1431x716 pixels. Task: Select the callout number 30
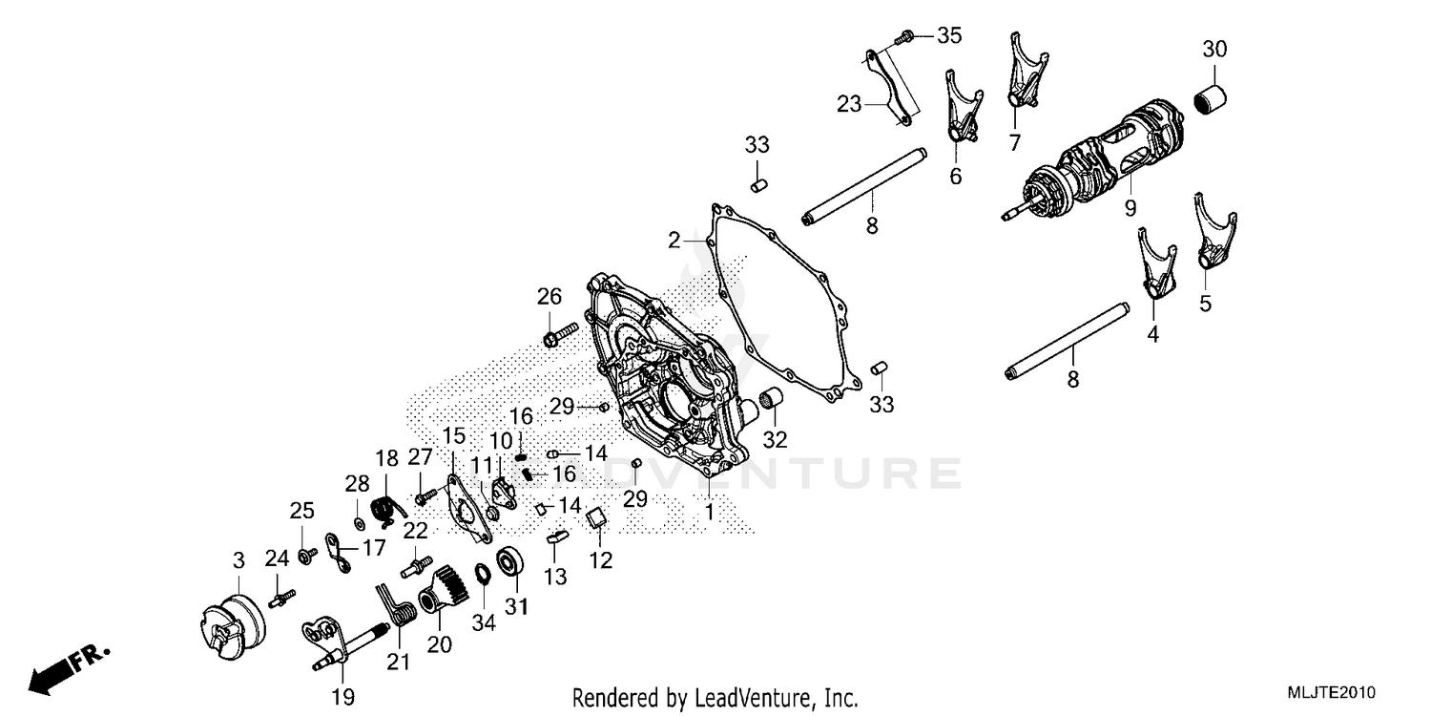pos(1214,50)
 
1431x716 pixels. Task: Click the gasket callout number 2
pos(674,241)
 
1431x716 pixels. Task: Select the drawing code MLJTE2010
pos(1331,693)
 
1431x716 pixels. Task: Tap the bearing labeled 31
pos(509,561)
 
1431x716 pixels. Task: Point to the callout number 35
pos(949,36)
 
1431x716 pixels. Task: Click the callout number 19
pos(343,697)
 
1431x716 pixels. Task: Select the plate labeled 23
pos(890,86)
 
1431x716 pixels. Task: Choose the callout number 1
pos(709,512)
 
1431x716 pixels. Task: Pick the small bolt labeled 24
pos(281,599)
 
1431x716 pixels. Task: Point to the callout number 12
pos(600,560)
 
